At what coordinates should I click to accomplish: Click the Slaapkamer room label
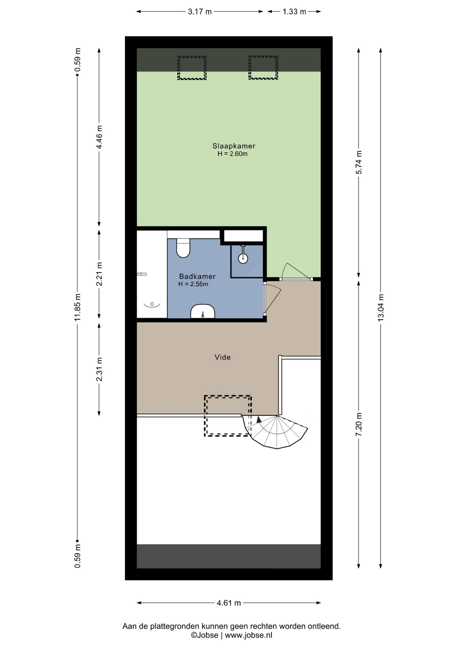[233, 146]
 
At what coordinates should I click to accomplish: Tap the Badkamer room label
[197, 276]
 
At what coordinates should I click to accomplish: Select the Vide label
[223, 357]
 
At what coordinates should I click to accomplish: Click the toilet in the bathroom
[183, 248]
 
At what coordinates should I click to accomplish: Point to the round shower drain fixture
[243, 258]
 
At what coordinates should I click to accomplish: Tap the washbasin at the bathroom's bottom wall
[203, 311]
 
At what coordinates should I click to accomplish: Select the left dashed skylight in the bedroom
[192, 68]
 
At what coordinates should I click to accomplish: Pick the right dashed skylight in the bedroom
[263, 67]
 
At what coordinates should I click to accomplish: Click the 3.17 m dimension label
[200, 12]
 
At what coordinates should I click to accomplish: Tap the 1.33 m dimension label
[294, 12]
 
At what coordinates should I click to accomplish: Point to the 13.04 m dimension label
[381, 308]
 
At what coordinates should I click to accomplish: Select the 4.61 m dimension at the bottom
[229, 603]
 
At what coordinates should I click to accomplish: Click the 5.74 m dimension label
[359, 162]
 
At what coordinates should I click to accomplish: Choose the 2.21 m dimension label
[99, 274]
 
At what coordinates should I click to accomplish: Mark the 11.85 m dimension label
[78, 307]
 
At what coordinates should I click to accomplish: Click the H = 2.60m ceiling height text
[232, 154]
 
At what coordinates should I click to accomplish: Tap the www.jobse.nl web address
[249, 635]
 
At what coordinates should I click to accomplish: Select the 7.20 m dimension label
[359, 424]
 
